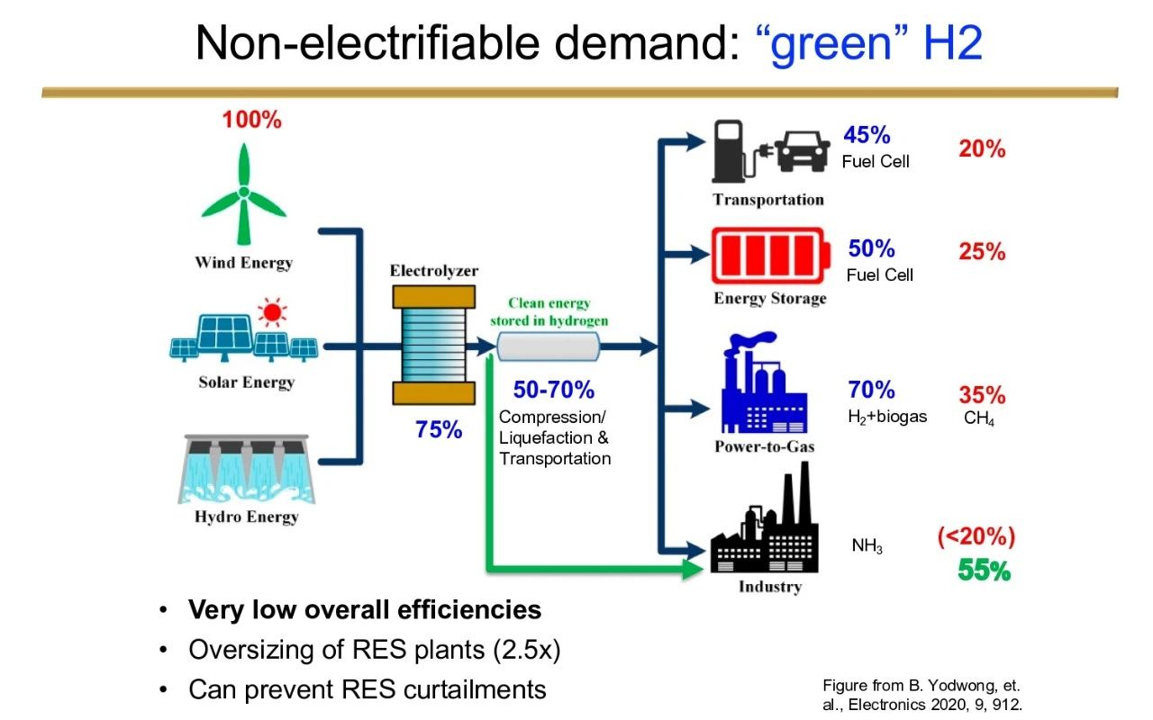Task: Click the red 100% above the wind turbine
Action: point(251,120)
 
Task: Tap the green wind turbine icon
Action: point(243,193)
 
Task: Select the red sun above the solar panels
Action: point(272,312)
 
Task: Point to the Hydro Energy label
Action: point(247,517)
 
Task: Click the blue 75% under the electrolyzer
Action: point(439,429)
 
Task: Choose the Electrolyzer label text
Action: point(434,271)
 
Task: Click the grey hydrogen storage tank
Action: point(549,346)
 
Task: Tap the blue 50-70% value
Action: point(554,390)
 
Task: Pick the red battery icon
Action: point(770,256)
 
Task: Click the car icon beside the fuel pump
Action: point(802,150)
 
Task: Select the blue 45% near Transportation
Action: point(867,135)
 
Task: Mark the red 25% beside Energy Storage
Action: point(982,251)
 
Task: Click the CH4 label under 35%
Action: point(978,418)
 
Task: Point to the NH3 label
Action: point(867,545)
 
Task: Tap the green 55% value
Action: point(985,571)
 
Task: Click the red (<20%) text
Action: point(976,536)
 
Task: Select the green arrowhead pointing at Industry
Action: point(693,568)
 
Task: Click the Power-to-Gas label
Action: point(765,446)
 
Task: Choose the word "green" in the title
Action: point(831,43)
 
